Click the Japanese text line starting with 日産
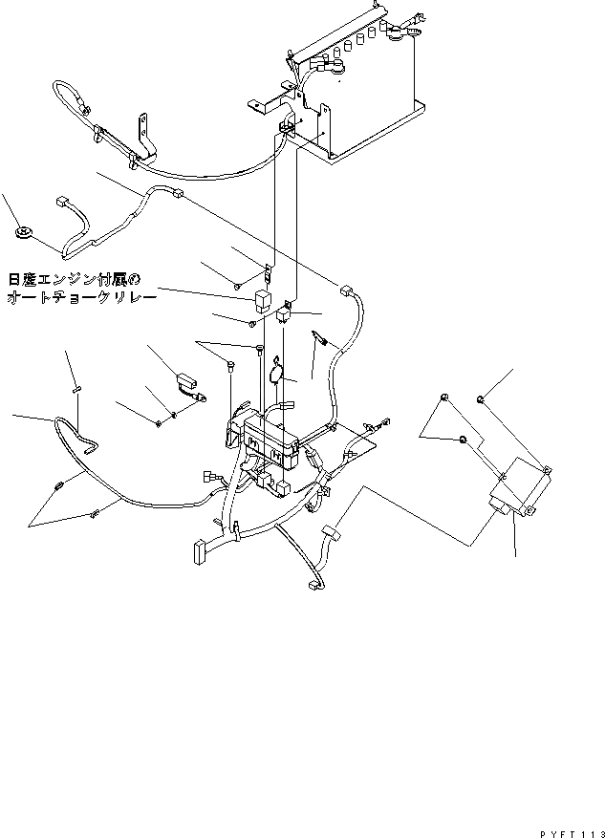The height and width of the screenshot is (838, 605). tap(75, 280)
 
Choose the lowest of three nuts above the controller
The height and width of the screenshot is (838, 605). tap(463, 439)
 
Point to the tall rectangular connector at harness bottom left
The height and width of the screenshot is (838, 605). tap(199, 551)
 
